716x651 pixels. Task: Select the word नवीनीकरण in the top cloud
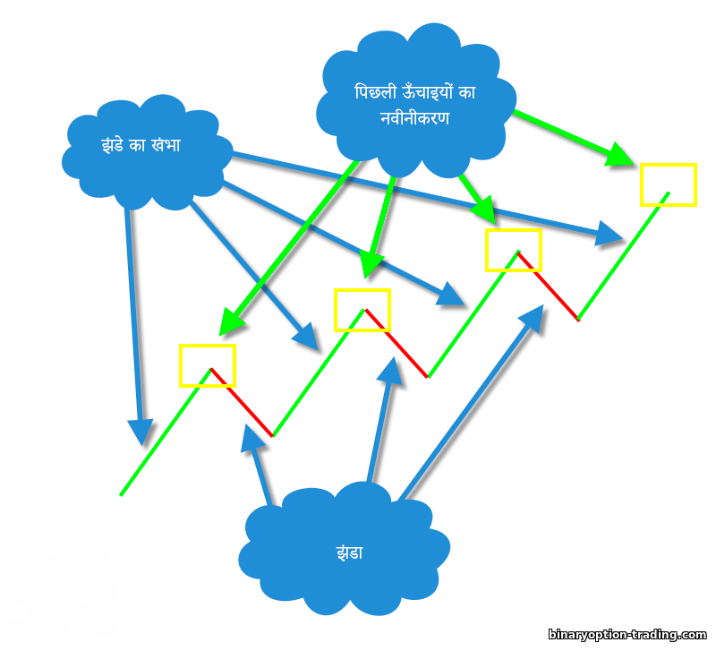point(414,118)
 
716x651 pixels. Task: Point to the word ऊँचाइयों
point(428,92)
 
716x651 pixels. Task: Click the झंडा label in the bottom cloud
point(349,552)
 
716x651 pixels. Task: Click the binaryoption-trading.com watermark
point(627,635)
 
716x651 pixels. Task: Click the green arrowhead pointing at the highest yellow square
point(618,155)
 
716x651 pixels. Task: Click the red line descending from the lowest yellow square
point(242,402)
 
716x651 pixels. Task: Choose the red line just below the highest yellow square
point(549,286)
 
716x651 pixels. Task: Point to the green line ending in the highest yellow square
point(623,256)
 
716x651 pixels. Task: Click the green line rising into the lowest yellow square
point(166,432)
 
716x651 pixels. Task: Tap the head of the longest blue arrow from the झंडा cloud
point(532,319)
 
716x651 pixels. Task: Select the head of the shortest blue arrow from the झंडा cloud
point(252,438)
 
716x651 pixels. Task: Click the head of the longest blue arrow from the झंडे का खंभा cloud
point(609,235)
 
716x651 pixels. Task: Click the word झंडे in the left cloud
point(113,145)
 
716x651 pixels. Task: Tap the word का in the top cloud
point(467,92)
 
